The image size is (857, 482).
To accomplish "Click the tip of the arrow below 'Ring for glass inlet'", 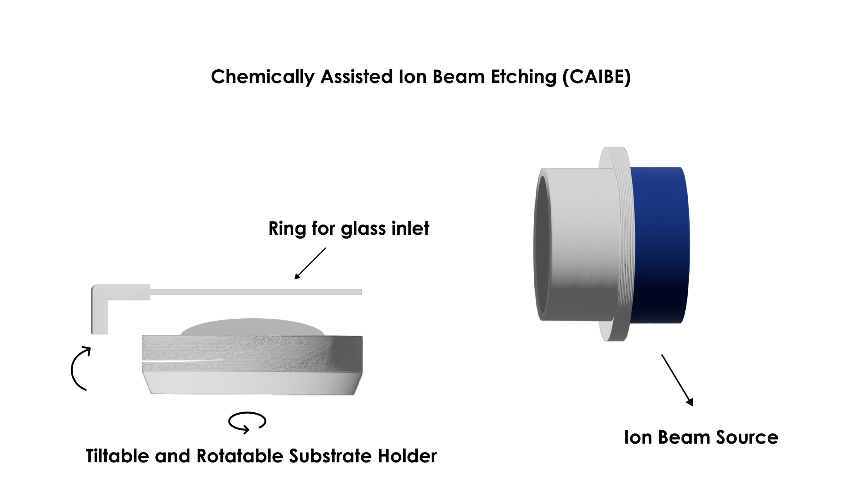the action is pyautogui.click(x=295, y=279).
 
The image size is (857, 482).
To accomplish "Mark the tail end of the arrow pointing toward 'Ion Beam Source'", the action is pyautogui.click(x=661, y=355).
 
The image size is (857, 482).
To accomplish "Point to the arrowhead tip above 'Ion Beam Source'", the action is pyautogui.click(x=693, y=406).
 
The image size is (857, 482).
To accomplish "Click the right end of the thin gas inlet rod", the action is pyautogui.click(x=362, y=292).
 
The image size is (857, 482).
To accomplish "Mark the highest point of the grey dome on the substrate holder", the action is pyautogui.click(x=252, y=319).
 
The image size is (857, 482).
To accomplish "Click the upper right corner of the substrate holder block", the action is pyautogui.click(x=362, y=336).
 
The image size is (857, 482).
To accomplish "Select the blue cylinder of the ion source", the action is pyautogui.click(x=660, y=245).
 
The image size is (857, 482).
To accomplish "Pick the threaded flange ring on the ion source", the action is pyautogui.click(x=615, y=244).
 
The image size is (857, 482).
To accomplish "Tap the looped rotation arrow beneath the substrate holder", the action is pyautogui.click(x=247, y=422).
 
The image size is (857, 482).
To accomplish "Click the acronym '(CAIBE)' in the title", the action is pyautogui.click(x=597, y=77).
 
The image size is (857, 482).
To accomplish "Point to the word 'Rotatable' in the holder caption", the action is pyautogui.click(x=240, y=456).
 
